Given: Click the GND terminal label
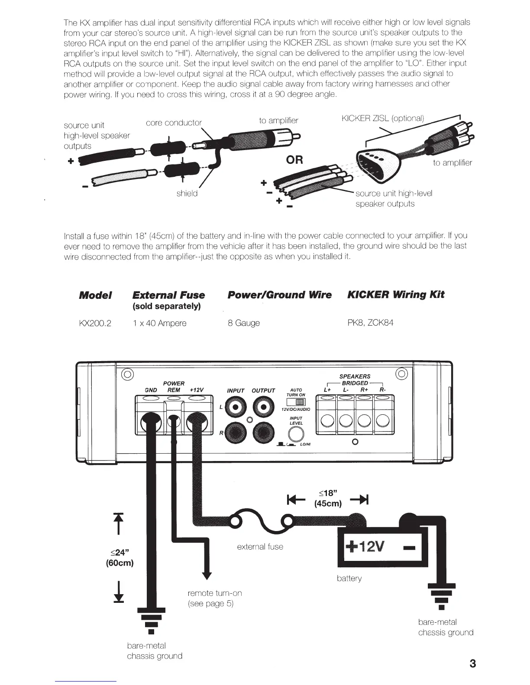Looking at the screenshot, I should pyautogui.click(x=151, y=390).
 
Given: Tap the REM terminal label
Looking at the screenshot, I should pyautogui.click(x=174, y=390).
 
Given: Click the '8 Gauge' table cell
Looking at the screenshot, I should pyautogui.click(x=244, y=323).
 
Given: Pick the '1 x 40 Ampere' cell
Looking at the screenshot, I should pyautogui.click(x=159, y=323).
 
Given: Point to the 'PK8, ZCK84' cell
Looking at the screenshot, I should pyautogui.click(x=371, y=323).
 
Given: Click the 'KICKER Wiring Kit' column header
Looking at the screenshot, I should pyautogui.click(x=396, y=295).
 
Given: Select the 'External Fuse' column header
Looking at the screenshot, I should pyautogui.click(x=168, y=295).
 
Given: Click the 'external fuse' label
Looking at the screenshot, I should pyautogui.click(x=260, y=547).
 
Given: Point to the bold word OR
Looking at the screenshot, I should pyautogui.click(x=294, y=160).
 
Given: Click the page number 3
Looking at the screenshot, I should pyautogui.click(x=472, y=664).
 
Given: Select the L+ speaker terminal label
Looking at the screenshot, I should pyautogui.click(x=327, y=390).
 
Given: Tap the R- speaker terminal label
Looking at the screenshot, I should pyautogui.click(x=382, y=390).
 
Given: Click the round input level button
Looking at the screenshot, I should pyautogui.click(x=296, y=434).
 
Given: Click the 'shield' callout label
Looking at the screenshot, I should pyautogui.click(x=187, y=194).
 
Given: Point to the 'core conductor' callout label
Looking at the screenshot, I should pyautogui.click(x=174, y=122).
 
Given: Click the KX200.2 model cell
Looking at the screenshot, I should pyautogui.click(x=95, y=323).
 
